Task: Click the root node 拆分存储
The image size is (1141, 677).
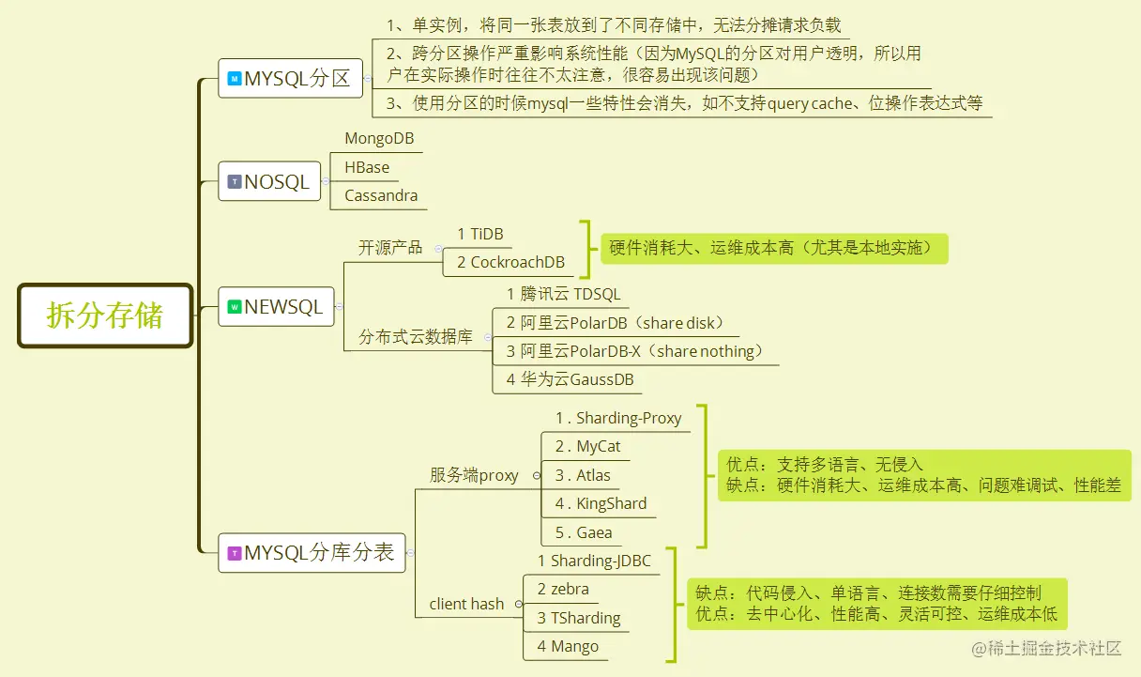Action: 105,315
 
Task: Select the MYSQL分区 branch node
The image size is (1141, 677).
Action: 290,79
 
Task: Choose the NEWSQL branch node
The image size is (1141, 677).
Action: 276,306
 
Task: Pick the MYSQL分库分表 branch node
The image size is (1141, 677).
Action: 312,553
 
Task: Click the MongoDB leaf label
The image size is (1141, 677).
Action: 379,138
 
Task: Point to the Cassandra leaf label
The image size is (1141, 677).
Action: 381,195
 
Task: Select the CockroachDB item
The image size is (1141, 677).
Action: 510,262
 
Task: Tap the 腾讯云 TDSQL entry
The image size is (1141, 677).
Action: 563,294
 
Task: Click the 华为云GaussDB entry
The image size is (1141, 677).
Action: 570,379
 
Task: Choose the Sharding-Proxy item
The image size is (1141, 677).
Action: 618,418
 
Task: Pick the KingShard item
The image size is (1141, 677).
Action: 601,503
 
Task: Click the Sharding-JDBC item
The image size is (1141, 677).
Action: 594,561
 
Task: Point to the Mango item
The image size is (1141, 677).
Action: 568,646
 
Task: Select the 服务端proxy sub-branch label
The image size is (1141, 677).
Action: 474,475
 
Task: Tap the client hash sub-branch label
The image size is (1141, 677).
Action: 466,604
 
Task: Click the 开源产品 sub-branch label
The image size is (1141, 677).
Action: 390,248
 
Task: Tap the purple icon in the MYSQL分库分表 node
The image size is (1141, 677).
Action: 234,554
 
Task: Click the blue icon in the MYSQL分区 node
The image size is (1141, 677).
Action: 234,79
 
